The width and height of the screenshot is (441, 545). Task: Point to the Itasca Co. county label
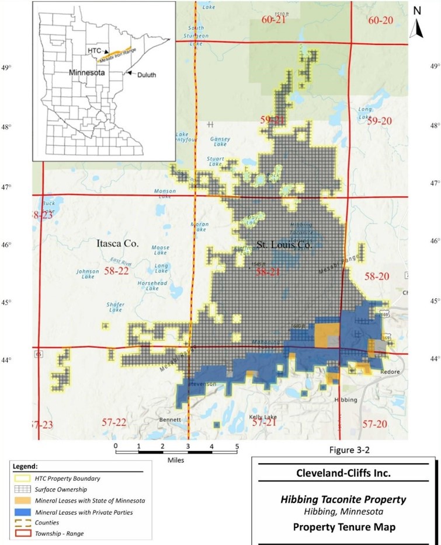117,244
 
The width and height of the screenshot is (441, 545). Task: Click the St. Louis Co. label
284,245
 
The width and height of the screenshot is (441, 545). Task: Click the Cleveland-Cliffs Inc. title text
346,473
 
